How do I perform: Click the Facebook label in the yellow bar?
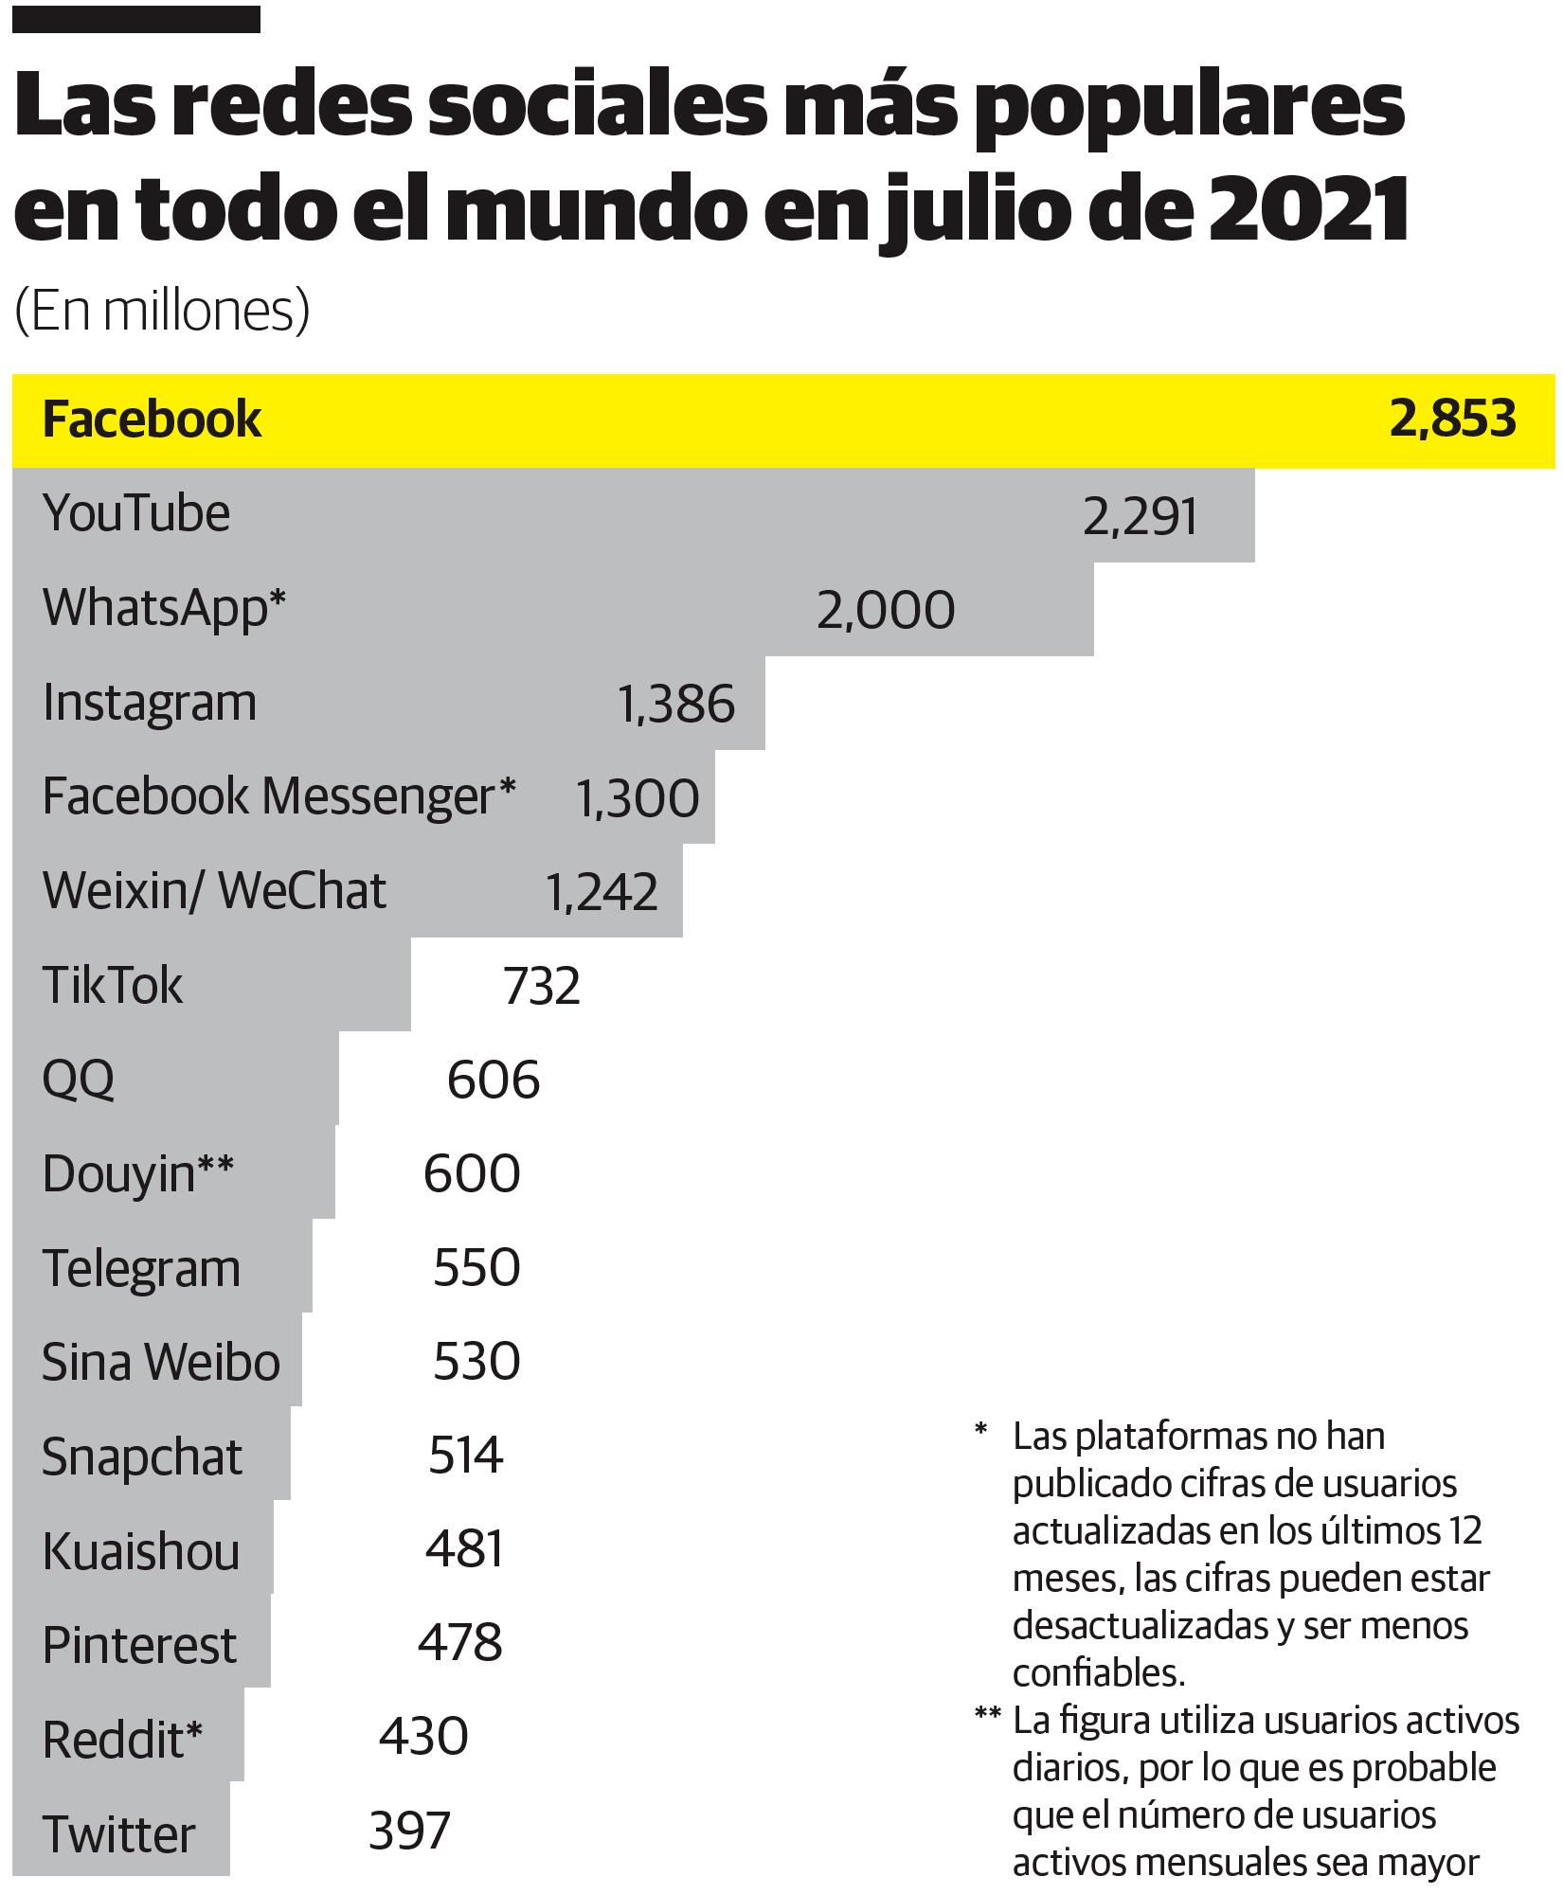point(152,420)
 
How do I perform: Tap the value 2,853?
point(1452,419)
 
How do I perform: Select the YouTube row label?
point(136,514)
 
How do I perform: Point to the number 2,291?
point(1140,518)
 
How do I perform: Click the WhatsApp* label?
point(164,608)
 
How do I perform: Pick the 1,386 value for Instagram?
point(675,705)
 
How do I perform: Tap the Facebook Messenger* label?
point(278,796)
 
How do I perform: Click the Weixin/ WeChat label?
point(214,891)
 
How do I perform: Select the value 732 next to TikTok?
point(541,986)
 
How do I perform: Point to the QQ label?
point(79,1080)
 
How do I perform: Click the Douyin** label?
point(137,1174)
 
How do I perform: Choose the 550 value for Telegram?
point(476,1268)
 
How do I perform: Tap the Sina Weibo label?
point(161,1362)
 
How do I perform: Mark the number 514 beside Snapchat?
point(465,1456)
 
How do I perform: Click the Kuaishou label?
point(141,1551)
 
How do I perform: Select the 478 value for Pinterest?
point(459,1643)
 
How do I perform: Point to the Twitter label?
point(119,1834)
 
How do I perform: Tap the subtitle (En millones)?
point(162,311)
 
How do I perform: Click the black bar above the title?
point(136,19)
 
